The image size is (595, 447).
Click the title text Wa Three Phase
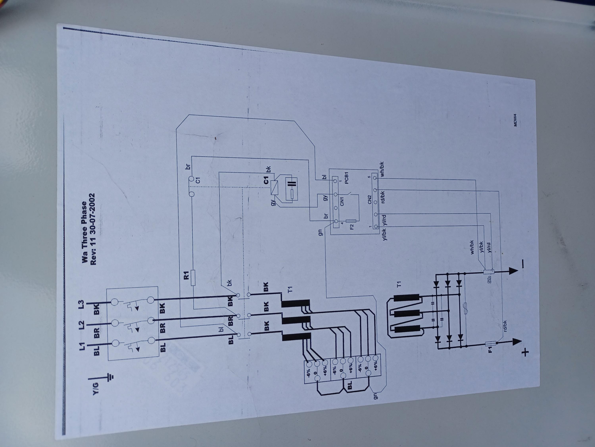tap(84, 232)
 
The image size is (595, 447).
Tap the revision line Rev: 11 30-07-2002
tap(93, 229)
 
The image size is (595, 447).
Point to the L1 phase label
tap(82, 346)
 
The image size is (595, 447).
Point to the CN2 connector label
tap(369, 200)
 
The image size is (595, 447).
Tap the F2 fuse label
tap(352, 226)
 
